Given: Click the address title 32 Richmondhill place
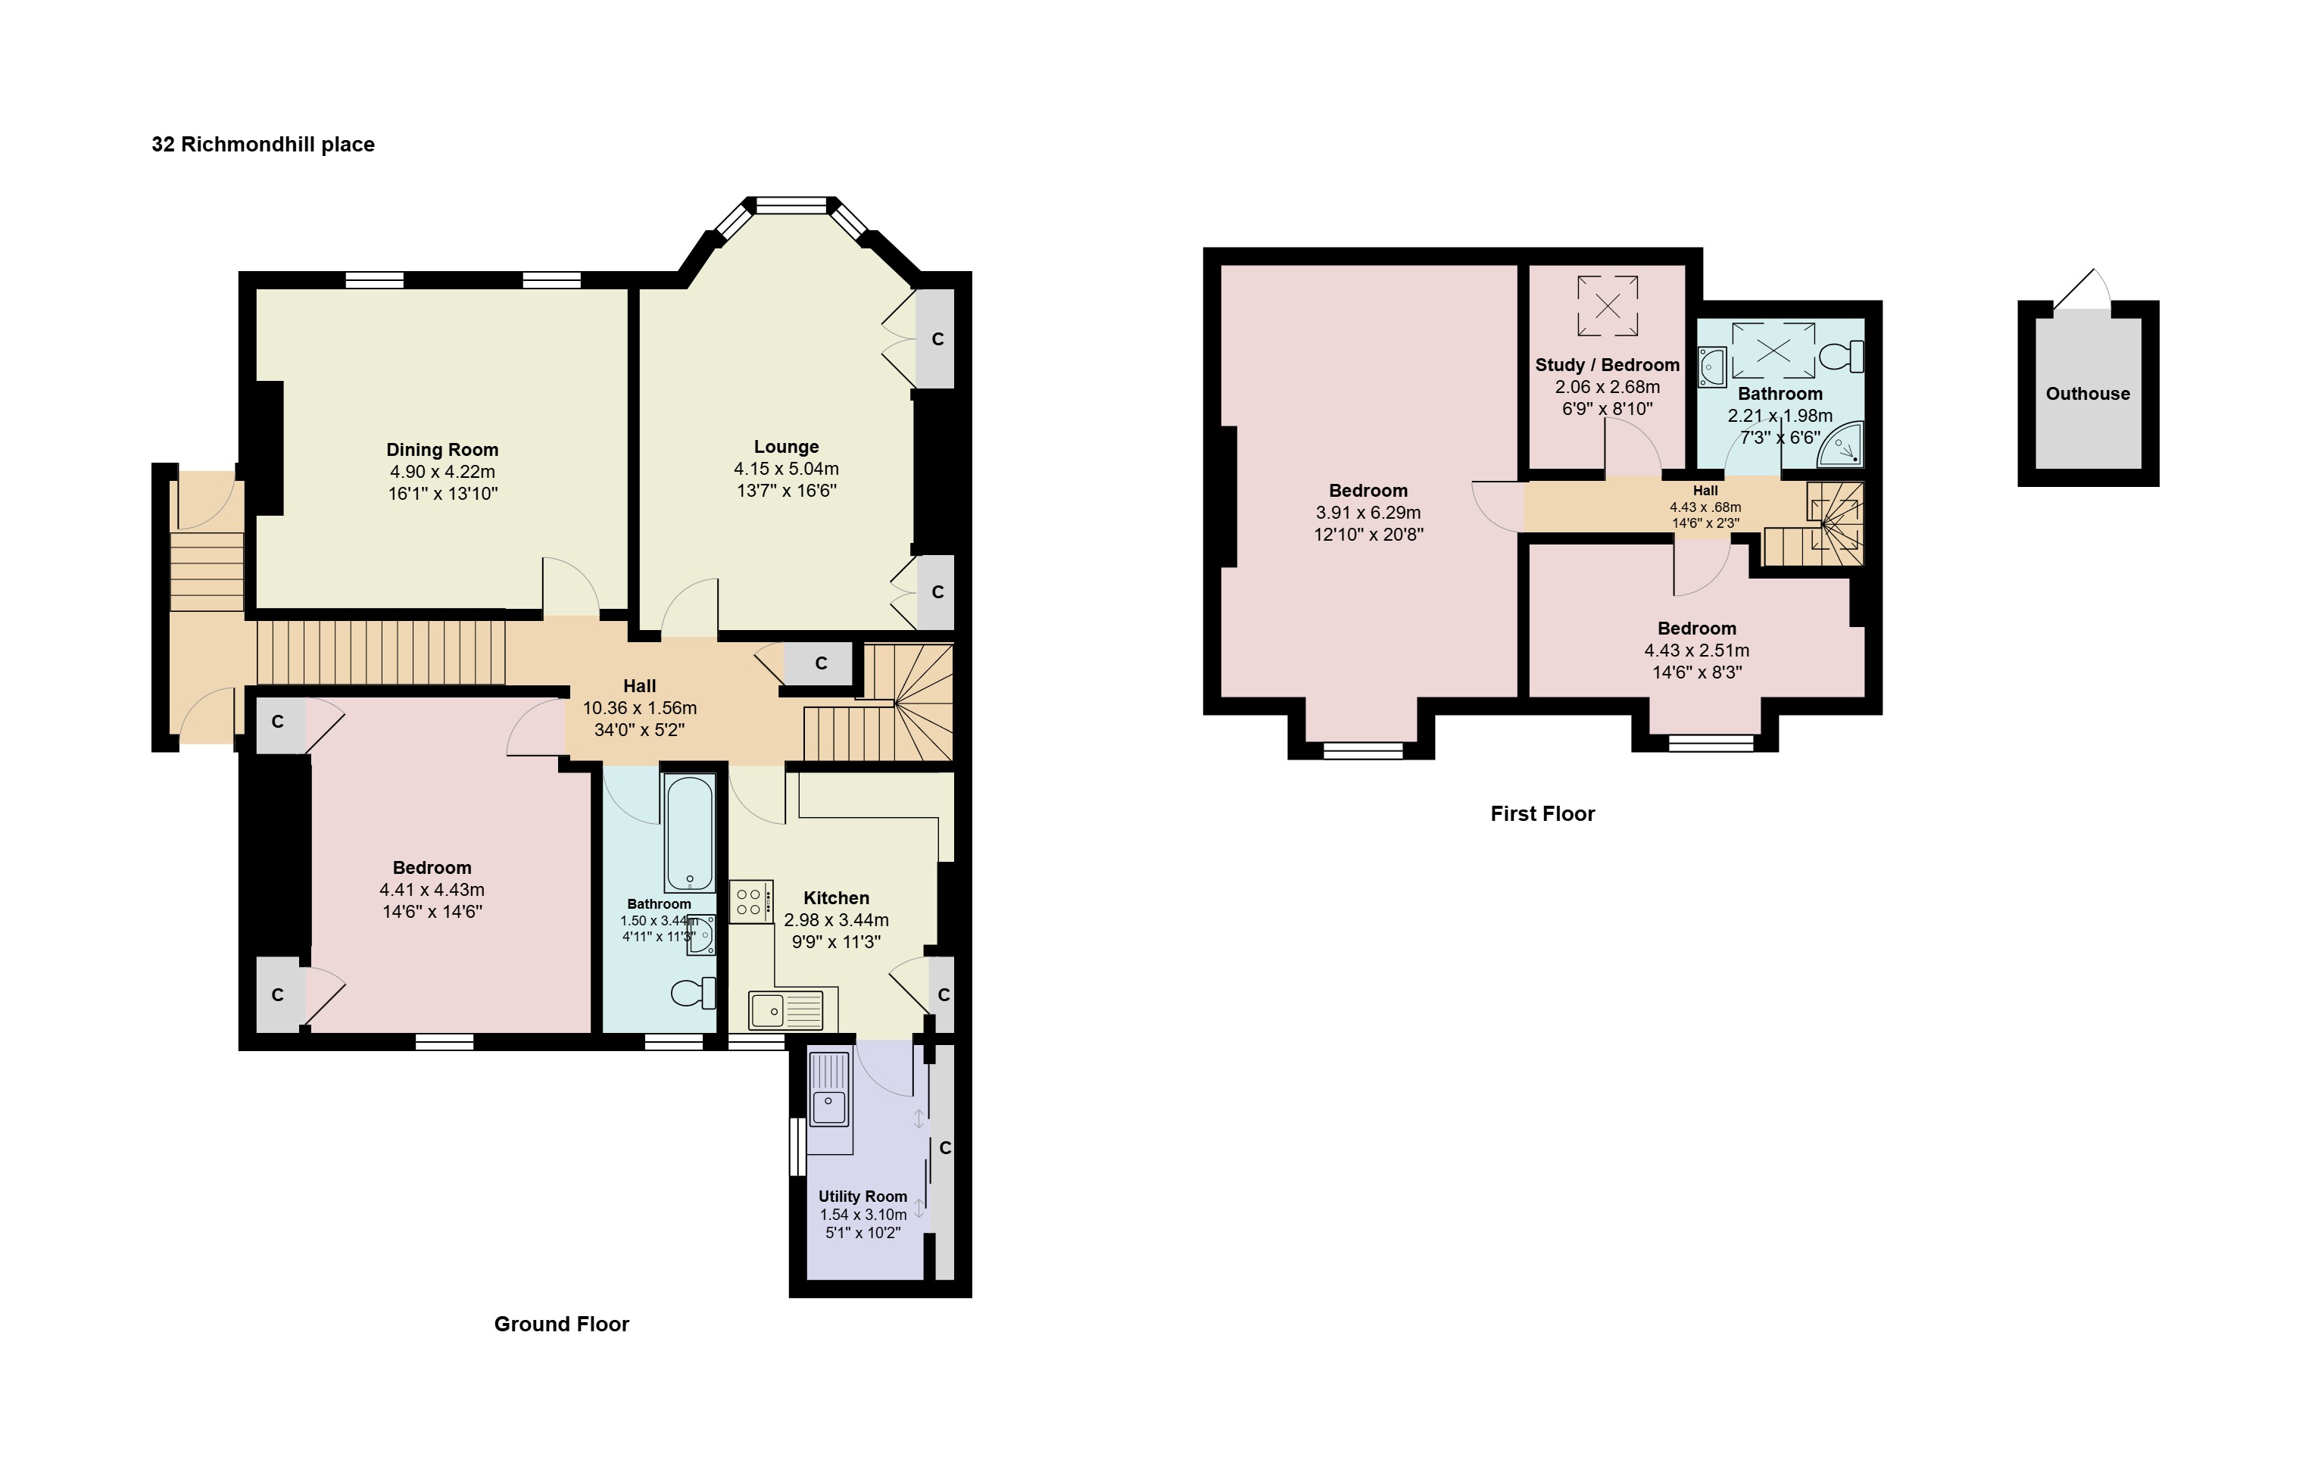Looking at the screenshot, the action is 263,145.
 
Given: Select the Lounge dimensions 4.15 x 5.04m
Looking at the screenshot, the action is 786,469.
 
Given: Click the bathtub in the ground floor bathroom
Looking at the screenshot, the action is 689,833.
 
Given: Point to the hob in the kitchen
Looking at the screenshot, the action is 750,902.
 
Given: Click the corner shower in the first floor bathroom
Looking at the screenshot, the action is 1841,445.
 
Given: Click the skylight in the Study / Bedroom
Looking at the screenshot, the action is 1607,306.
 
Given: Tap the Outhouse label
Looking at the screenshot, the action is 2087,394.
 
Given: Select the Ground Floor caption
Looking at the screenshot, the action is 562,1324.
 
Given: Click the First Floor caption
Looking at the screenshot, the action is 1543,814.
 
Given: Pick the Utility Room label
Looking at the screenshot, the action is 863,1197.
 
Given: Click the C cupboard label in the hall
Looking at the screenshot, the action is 821,663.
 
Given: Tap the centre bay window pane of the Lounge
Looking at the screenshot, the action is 791,206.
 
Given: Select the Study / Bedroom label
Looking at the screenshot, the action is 1607,365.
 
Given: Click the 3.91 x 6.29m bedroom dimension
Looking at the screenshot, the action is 1368,513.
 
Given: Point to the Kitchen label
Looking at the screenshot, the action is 836,898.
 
